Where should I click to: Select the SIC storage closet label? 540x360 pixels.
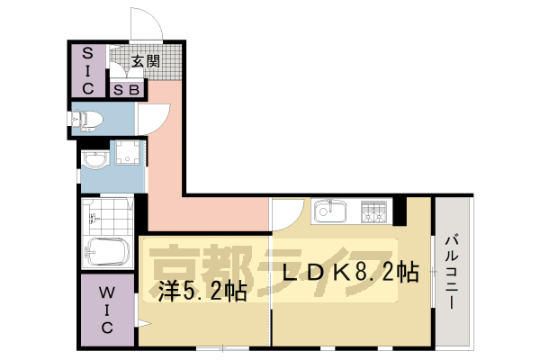point(89,68)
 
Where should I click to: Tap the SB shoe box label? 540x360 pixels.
point(124,89)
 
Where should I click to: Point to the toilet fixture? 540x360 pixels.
point(87,117)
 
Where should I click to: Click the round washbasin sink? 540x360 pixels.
point(94,160)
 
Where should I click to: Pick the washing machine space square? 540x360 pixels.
point(127,156)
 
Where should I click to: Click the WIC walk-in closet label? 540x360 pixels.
point(106,309)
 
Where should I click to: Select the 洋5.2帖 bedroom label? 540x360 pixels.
point(204,291)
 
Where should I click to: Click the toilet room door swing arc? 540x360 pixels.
point(155,115)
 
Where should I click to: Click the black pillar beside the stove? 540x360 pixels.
point(400,212)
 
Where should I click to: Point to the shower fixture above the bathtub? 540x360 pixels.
point(90,216)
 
